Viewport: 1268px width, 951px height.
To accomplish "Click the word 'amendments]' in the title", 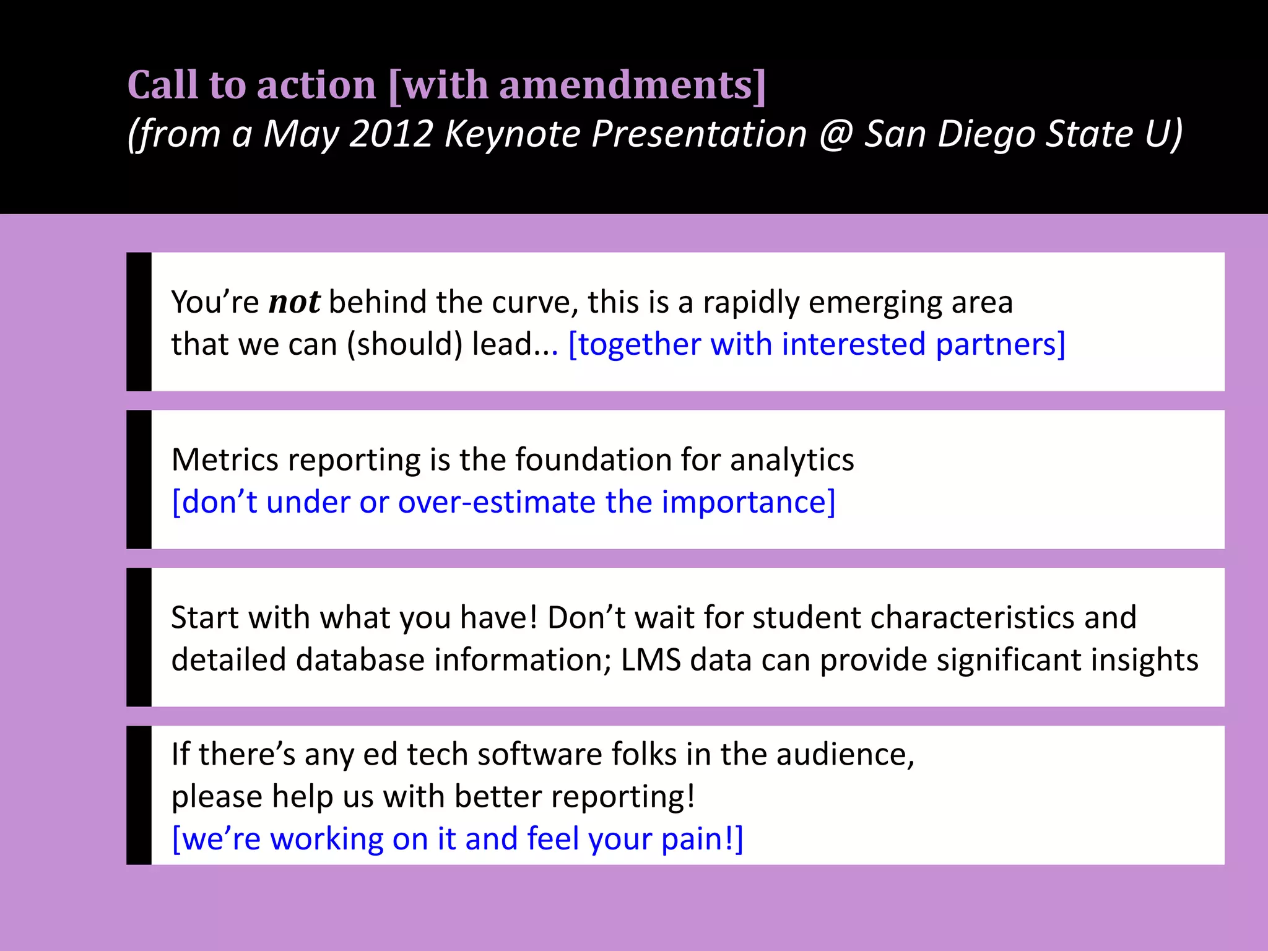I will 633,85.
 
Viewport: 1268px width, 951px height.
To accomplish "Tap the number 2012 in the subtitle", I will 391,134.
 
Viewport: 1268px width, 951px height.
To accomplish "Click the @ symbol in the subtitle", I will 836,134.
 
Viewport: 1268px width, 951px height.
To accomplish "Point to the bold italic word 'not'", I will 294,303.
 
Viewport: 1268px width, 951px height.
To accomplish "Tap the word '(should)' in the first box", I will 404,344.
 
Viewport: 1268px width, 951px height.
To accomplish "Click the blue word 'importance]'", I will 749,502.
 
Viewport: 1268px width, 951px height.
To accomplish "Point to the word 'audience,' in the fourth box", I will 845,755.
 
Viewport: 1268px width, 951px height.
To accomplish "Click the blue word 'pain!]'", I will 702,840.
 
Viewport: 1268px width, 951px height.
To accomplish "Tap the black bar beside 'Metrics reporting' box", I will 139,479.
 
